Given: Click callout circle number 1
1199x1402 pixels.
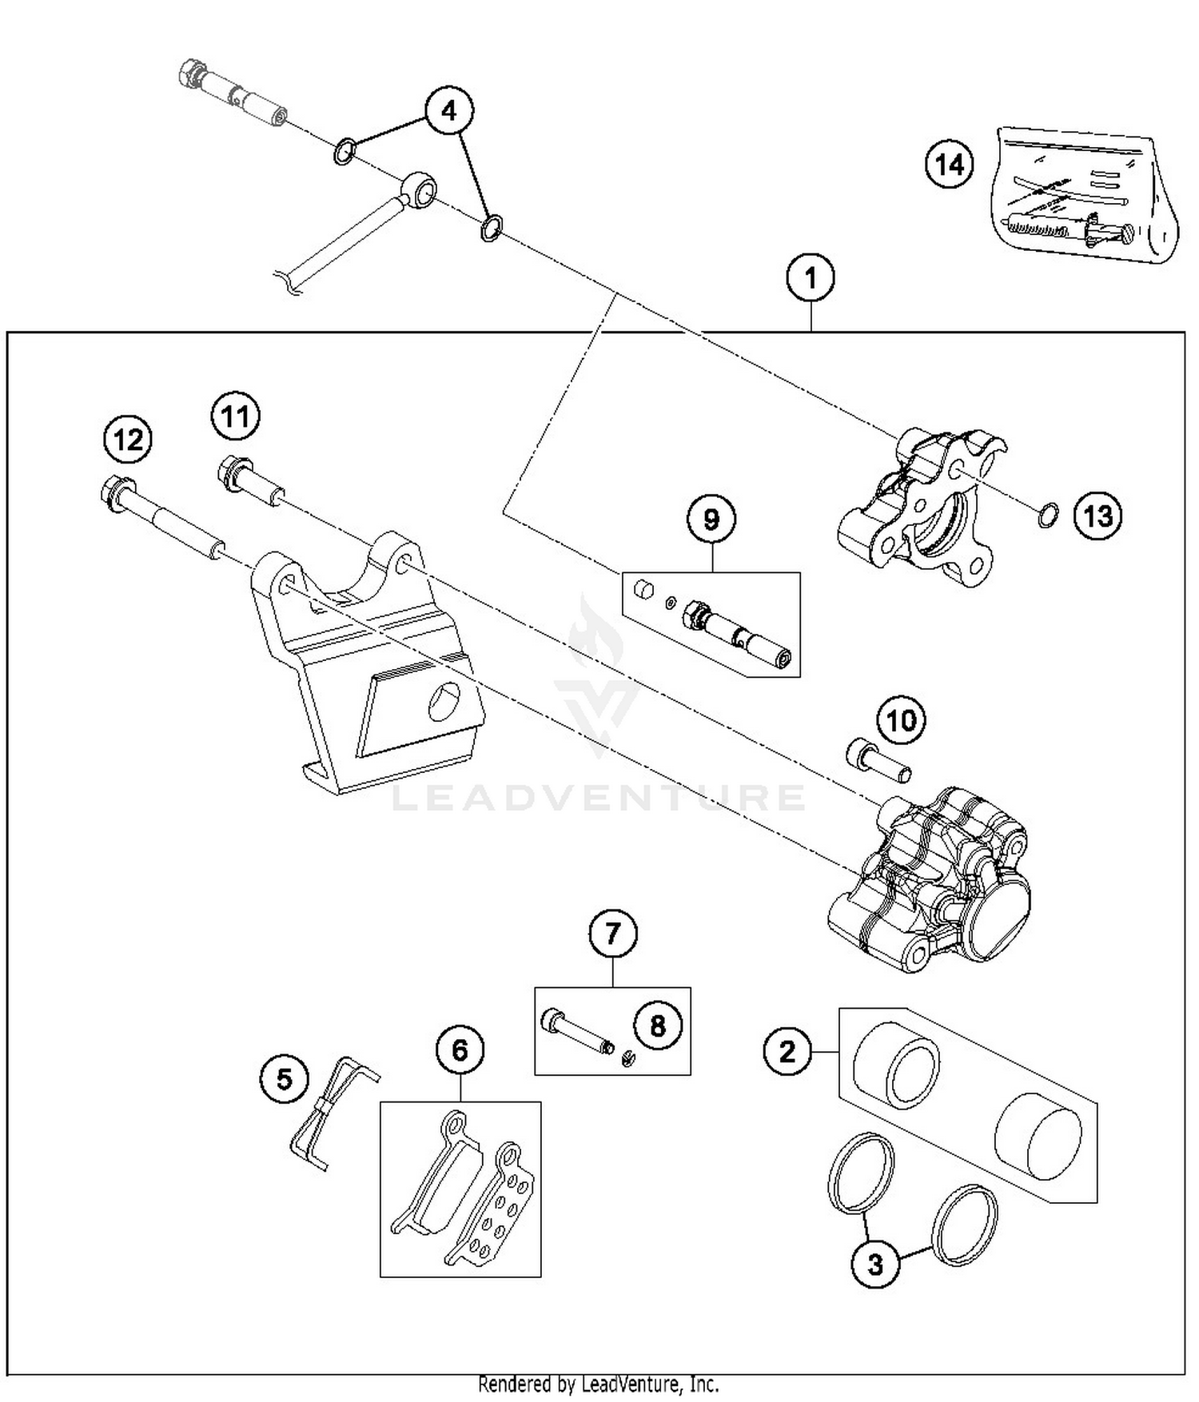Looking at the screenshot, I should point(811,279).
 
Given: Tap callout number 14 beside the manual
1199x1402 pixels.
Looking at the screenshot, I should point(950,165).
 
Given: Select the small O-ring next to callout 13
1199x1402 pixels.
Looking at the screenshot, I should point(1049,516).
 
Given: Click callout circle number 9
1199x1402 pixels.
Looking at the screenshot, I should point(711,520).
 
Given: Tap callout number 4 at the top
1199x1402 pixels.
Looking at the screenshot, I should point(448,110).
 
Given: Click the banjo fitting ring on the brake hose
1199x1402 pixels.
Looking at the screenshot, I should point(420,189).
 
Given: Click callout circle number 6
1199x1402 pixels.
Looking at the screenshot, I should point(460,1050).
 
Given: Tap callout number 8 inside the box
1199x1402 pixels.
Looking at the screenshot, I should point(657,1026).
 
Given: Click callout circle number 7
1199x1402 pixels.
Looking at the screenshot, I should point(612,933).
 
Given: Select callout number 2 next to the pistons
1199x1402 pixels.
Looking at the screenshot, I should point(787,1050).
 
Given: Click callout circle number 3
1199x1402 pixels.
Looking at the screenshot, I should point(875,1264).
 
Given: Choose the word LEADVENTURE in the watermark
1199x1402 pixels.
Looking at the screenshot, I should point(598,798).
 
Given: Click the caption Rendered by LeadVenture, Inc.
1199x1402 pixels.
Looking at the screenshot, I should point(598,1384).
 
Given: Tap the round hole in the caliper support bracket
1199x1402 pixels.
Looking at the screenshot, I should point(444,702).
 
